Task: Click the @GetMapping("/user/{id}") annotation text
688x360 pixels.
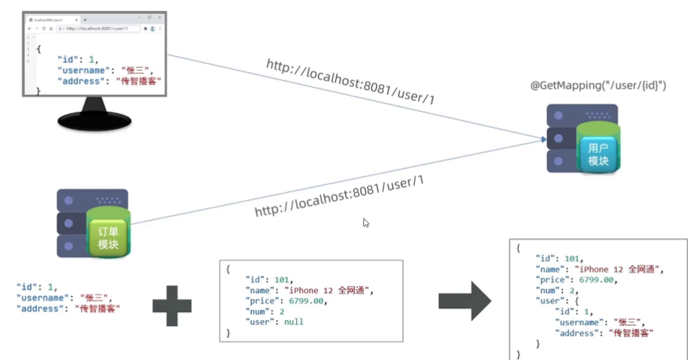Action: click(599, 86)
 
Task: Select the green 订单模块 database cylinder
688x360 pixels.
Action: click(108, 238)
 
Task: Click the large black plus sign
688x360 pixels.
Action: click(172, 301)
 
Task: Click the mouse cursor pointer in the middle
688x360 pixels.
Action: click(366, 223)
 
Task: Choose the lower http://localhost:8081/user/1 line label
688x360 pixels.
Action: click(339, 197)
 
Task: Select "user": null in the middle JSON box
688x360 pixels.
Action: click(274, 322)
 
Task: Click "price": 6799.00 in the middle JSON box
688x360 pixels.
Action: click(285, 301)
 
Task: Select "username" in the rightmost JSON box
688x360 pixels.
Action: click(583, 322)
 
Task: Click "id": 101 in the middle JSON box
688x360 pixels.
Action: click(269, 280)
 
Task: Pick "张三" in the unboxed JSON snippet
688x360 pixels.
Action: click(94, 298)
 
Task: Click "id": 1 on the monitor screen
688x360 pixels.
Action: click(78, 59)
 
